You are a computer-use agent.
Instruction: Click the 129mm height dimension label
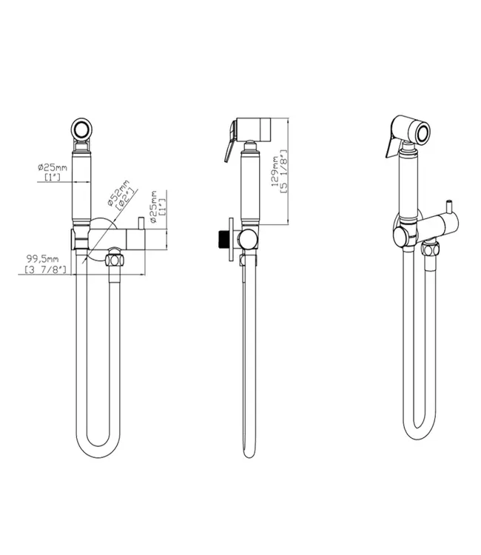tap(275, 172)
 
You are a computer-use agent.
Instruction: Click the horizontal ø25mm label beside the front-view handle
tap(53, 168)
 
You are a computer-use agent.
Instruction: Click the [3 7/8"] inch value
tap(46, 270)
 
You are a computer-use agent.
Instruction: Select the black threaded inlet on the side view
tap(221, 240)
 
